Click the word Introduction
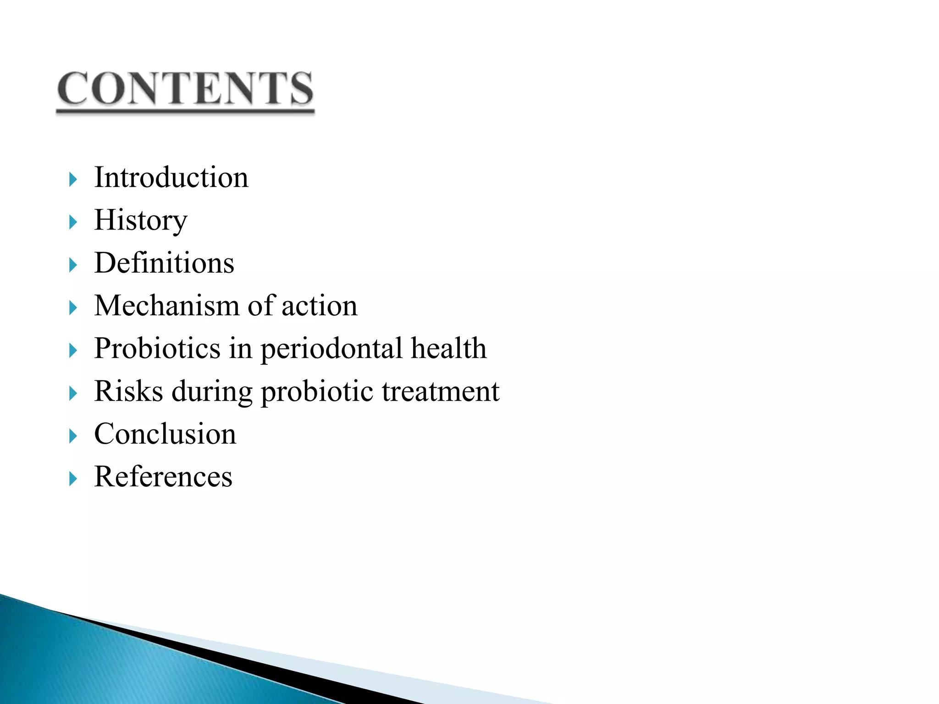[171, 177]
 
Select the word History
[141, 220]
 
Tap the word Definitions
[164, 263]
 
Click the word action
[319, 306]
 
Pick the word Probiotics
[157, 348]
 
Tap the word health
[448, 348]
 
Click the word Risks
[128, 391]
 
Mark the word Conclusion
[165, 434]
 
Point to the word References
[163, 477]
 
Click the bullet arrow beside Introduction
[73, 179]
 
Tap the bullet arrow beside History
[73, 222]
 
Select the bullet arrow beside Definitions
[73, 265]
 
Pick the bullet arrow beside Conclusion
[73, 436]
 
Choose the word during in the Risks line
[212, 391]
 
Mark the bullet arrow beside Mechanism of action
[73, 308]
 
